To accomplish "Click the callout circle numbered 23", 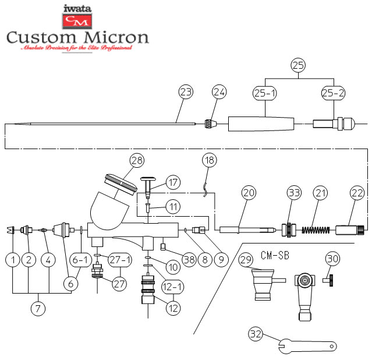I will [x=186, y=92].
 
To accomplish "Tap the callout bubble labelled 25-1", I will [x=265, y=92].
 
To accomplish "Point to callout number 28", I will [x=137, y=160].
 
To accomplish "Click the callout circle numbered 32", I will [x=254, y=334].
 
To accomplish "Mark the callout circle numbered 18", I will [x=209, y=160].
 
